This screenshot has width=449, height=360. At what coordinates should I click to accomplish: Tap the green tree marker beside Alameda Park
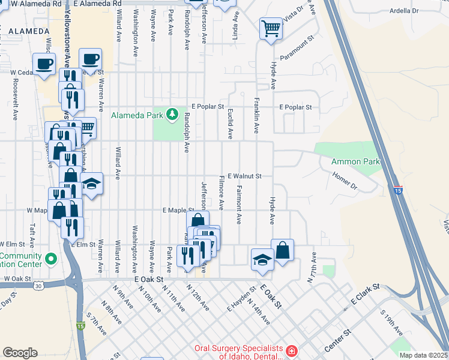coord(173,113)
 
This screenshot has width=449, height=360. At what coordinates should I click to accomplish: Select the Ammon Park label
coord(356,162)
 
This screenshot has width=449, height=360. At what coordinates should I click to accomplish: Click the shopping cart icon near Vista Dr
coord(271,28)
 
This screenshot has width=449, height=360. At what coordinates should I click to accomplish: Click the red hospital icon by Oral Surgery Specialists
coord(291,350)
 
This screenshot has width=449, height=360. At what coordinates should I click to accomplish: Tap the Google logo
coord(20,353)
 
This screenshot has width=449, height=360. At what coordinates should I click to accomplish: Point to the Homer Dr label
coord(345,181)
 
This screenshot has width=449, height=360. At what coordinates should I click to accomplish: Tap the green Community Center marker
coord(51,260)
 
